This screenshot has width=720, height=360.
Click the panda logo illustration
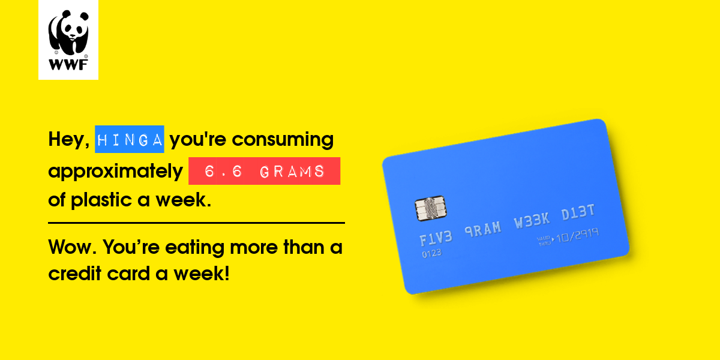68,32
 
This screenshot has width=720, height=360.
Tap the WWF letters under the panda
68,65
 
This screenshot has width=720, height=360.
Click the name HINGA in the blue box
130,140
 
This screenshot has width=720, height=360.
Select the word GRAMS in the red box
292,172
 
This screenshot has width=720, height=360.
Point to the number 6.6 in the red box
223,172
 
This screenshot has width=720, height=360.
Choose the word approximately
115,172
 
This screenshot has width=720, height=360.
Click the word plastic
101,200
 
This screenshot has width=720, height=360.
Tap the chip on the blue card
431,208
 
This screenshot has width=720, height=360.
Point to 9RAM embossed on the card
483,229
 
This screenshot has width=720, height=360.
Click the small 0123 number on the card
431,254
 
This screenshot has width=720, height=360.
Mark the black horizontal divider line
196,223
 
